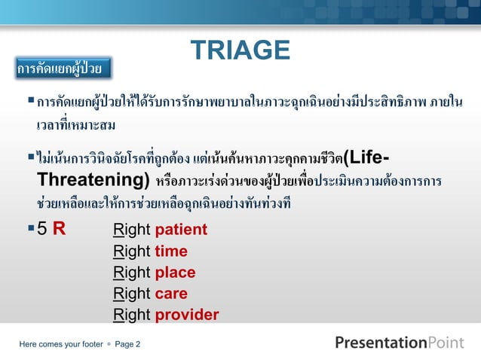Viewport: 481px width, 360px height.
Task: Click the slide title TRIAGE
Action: [x=240, y=50]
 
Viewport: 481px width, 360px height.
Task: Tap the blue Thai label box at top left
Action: [x=63, y=69]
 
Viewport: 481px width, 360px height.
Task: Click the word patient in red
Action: [x=181, y=230]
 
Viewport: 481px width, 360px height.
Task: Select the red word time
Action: [x=171, y=252]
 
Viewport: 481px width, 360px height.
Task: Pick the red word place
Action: [x=175, y=273]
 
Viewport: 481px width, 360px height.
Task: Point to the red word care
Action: [x=171, y=294]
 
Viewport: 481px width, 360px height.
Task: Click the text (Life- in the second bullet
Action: [x=366, y=158]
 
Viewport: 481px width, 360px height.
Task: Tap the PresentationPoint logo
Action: [x=399, y=343]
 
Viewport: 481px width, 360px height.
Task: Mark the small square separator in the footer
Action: [x=109, y=344]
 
